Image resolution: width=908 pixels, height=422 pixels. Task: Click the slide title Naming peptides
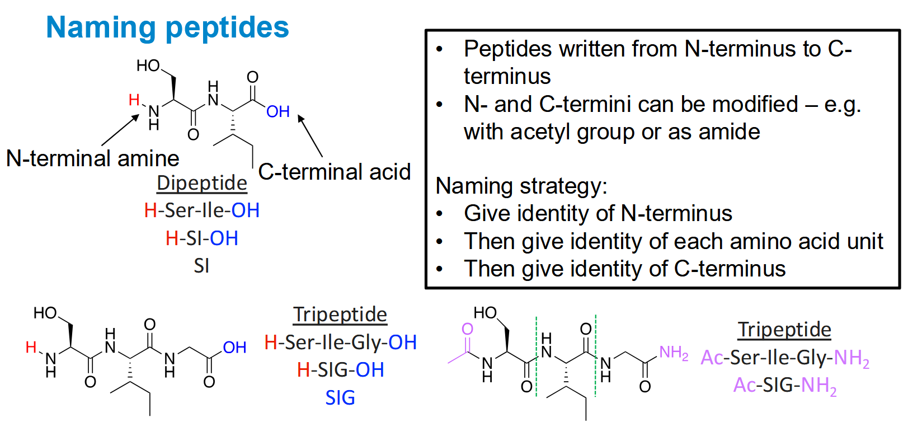click(x=167, y=28)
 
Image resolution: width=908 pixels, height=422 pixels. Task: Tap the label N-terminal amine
click(x=93, y=158)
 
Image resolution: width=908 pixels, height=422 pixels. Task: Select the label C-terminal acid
click(x=335, y=171)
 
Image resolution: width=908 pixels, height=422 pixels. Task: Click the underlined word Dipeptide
click(x=202, y=183)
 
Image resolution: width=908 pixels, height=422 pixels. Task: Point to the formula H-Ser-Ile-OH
click(x=202, y=210)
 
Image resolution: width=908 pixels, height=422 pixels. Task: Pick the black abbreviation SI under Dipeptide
click(x=201, y=266)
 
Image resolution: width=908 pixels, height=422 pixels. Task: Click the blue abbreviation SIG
click(x=340, y=398)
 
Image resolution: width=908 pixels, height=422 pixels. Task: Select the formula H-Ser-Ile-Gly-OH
click(x=341, y=343)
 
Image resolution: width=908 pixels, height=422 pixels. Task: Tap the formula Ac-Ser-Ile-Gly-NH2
click(x=785, y=358)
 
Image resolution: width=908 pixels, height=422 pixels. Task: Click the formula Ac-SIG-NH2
click(x=785, y=386)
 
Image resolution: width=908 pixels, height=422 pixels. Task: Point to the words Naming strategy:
click(x=521, y=186)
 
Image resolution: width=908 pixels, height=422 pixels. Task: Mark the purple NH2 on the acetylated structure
click(x=674, y=353)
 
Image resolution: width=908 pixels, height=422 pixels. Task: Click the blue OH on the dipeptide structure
click(x=278, y=111)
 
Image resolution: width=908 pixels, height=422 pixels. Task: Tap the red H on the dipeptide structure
click(x=134, y=99)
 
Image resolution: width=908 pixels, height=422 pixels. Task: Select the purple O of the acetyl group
click(x=467, y=329)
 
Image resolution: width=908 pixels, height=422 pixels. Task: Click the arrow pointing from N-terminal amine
click(x=120, y=130)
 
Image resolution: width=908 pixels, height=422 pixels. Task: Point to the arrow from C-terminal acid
click(x=310, y=136)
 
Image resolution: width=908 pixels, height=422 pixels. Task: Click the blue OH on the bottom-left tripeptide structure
click(x=235, y=348)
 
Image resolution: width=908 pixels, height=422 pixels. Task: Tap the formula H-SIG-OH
click(x=341, y=370)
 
